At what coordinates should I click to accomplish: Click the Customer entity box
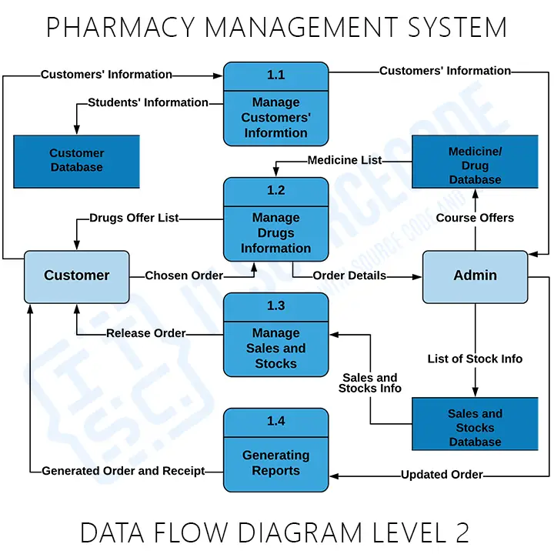point(76,276)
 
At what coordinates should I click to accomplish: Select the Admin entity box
point(475,276)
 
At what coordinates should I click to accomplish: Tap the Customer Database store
point(76,161)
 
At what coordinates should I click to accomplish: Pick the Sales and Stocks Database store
point(475,427)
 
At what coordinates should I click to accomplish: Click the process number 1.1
point(275,75)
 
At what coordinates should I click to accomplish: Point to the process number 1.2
point(275,190)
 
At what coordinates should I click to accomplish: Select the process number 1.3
point(275,305)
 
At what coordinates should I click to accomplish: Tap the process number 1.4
point(275,421)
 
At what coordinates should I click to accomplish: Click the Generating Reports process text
point(275,463)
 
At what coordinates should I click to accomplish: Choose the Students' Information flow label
point(148,102)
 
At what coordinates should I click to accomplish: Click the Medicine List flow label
point(344,161)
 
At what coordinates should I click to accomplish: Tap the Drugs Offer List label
point(134,218)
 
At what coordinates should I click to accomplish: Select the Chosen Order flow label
point(184,275)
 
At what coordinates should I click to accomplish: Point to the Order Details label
point(349,275)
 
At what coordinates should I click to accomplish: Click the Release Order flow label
point(146,333)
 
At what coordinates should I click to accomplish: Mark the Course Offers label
point(475,218)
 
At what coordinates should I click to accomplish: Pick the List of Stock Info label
point(475,359)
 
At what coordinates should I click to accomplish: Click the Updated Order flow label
point(442,475)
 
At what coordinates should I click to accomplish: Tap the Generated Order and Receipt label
point(123,471)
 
